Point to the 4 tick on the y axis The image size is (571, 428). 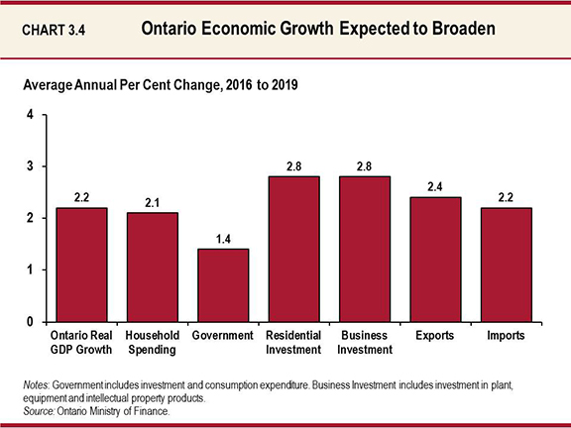point(31,115)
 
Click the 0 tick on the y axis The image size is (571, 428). point(31,322)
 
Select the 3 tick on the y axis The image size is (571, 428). point(31,166)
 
